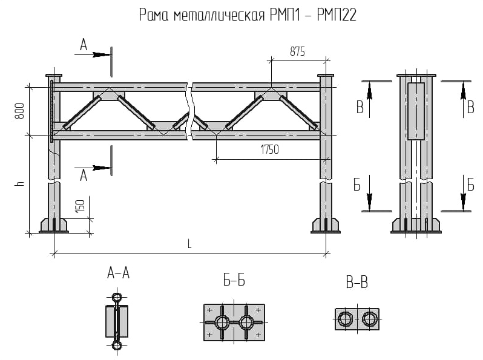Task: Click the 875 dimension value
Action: click(x=297, y=51)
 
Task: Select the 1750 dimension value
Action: click(x=269, y=149)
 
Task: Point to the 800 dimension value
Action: click(x=20, y=111)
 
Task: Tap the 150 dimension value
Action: click(x=80, y=206)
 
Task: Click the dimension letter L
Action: click(x=189, y=244)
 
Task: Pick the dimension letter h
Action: click(x=20, y=183)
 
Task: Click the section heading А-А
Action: click(x=118, y=273)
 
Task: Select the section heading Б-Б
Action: click(x=234, y=280)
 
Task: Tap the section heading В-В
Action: click(x=357, y=283)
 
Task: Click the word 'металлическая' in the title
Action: click(x=219, y=15)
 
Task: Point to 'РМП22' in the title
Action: click(x=337, y=15)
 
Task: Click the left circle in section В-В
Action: click(x=344, y=319)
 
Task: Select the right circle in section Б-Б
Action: click(x=246, y=322)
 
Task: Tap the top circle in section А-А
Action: click(x=117, y=298)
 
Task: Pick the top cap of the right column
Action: click(x=326, y=75)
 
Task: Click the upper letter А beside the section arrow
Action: click(x=84, y=45)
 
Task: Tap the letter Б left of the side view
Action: click(x=357, y=185)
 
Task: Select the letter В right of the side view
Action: click(x=471, y=108)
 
